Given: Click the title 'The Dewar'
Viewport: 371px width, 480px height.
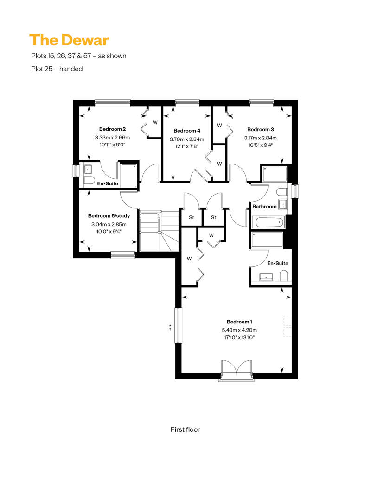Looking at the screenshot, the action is tap(69, 40).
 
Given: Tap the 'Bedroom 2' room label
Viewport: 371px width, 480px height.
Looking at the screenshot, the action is tap(112, 129).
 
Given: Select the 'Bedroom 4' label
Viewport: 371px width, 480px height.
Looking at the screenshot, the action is tap(187, 131).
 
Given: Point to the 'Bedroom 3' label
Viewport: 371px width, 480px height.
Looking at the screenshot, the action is tap(261, 129).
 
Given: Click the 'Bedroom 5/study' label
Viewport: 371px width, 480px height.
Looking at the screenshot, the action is tap(109, 216).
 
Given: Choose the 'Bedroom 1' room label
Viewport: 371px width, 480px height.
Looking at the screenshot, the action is tap(239, 322).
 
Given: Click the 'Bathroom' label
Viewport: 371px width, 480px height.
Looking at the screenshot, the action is tap(264, 207).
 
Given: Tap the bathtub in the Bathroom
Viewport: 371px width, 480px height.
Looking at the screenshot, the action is tap(269, 222).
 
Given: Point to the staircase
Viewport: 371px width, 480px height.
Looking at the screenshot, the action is tap(160, 231).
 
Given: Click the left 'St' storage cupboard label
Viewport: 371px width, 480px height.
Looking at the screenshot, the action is tap(192, 217).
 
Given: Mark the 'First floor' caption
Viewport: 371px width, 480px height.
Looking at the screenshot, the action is tap(185, 429).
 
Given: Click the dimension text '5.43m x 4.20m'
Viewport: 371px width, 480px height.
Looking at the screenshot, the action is tap(239, 330).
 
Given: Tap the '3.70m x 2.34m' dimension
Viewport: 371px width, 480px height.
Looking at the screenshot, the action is tap(187, 139).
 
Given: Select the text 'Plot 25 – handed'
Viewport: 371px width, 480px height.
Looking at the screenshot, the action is tap(57, 69).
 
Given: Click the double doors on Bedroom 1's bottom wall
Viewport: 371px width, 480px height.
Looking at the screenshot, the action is tap(236, 369).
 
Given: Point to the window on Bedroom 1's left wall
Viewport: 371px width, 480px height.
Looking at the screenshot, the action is tap(178, 325).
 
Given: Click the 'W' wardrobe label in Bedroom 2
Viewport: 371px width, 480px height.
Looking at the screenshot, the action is tap(155, 123).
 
